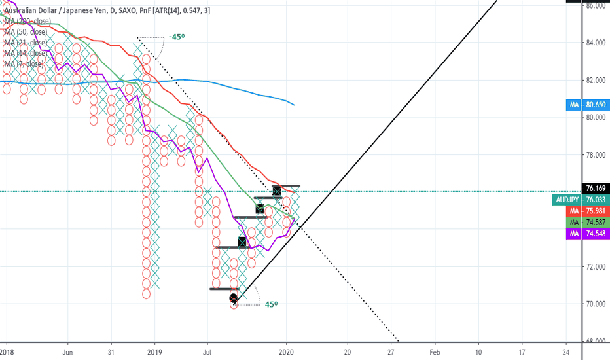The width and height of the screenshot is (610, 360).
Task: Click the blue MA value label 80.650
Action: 588,105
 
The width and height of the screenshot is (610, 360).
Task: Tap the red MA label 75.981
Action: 588,211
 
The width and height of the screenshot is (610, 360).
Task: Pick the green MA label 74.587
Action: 588,223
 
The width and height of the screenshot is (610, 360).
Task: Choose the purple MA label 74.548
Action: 588,234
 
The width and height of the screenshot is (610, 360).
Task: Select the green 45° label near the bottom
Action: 271,304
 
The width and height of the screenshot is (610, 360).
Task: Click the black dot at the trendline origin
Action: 234,298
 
